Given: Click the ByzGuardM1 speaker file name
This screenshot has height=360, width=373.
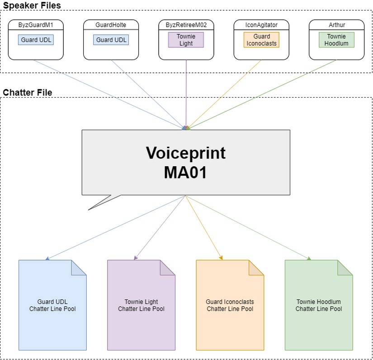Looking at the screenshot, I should (x=36, y=25).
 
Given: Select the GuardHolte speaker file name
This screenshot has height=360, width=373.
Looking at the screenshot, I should (x=111, y=25).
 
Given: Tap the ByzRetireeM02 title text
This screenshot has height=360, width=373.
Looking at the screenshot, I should (x=186, y=25).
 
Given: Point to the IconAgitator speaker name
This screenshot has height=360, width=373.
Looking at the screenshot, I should (x=261, y=25).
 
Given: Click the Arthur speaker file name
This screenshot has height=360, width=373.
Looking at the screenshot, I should (x=336, y=25).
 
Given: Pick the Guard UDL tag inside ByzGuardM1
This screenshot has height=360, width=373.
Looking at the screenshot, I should (x=36, y=40).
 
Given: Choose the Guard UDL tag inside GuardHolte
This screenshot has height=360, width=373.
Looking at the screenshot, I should (x=111, y=40).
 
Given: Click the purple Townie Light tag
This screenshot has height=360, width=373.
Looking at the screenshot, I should (x=186, y=40).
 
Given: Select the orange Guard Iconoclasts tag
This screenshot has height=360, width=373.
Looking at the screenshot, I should (x=261, y=40).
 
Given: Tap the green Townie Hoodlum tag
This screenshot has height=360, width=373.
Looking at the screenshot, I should (x=336, y=40).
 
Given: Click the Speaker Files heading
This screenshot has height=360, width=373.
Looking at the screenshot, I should (x=32, y=5).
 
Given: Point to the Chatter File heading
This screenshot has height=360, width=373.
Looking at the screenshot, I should (x=28, y=93).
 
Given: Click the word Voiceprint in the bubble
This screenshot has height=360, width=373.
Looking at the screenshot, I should (x=185, y=153).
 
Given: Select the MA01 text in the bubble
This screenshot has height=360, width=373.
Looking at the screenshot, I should (x=185, y=173).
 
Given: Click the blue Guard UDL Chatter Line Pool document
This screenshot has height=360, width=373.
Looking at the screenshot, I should (x=52, y=305).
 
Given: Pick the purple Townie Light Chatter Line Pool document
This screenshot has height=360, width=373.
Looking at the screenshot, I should (x=141, y=305).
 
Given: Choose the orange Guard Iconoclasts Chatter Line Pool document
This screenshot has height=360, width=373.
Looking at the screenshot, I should (x=230, y=305).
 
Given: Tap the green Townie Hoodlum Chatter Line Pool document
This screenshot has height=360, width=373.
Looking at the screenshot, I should (x=319, y=305).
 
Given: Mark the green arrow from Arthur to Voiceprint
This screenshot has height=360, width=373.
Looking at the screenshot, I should (x=262, y=94).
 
